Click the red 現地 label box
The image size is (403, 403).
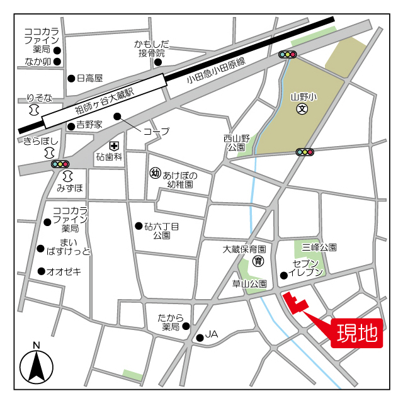[357, 333]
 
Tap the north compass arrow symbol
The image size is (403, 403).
[37, 365]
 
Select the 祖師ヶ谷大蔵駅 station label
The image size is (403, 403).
[105, 101]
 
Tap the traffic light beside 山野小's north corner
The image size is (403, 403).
[288, 55]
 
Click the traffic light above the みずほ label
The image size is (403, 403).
[60, 164]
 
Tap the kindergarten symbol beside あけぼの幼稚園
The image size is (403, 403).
[154, 172]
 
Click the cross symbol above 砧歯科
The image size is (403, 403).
[114, 145]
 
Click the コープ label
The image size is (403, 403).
[156, 132]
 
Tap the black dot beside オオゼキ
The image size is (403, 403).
[42, 271]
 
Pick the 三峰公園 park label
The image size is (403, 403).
[319, 248]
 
